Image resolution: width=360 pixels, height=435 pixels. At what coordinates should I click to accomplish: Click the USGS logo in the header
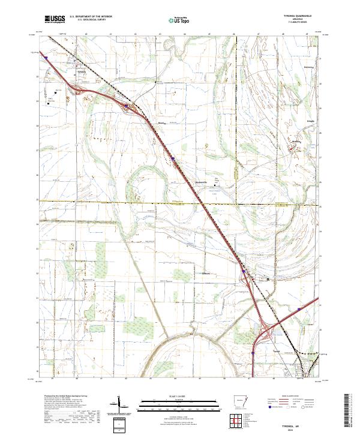[55, 19]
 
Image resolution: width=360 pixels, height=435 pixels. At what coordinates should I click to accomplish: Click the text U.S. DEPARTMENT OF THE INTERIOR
[91, 16]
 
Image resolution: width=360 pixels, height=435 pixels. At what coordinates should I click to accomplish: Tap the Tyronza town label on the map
[82, 71]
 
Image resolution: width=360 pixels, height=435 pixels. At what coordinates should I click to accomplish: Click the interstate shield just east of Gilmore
[244, 271]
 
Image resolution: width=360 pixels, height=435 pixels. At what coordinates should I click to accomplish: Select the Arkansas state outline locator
[240, 401]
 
